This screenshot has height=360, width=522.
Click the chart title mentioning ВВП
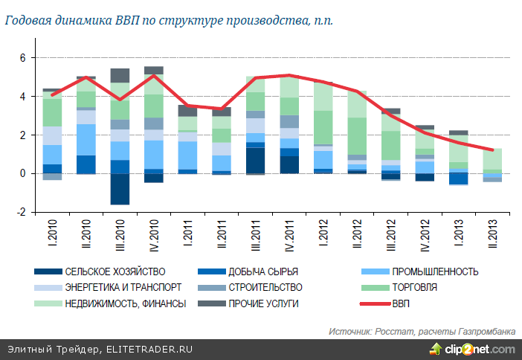pos(169,20)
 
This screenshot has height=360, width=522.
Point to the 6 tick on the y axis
pos(22,58)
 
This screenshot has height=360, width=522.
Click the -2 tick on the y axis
pos(21,212)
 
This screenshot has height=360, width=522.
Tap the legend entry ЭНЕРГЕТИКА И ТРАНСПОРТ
pos(123,287)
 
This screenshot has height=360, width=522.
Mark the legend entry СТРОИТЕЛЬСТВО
pos(261,287)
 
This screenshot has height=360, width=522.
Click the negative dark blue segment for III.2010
pos(120,189)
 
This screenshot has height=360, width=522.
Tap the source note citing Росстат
pos(421,331)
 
